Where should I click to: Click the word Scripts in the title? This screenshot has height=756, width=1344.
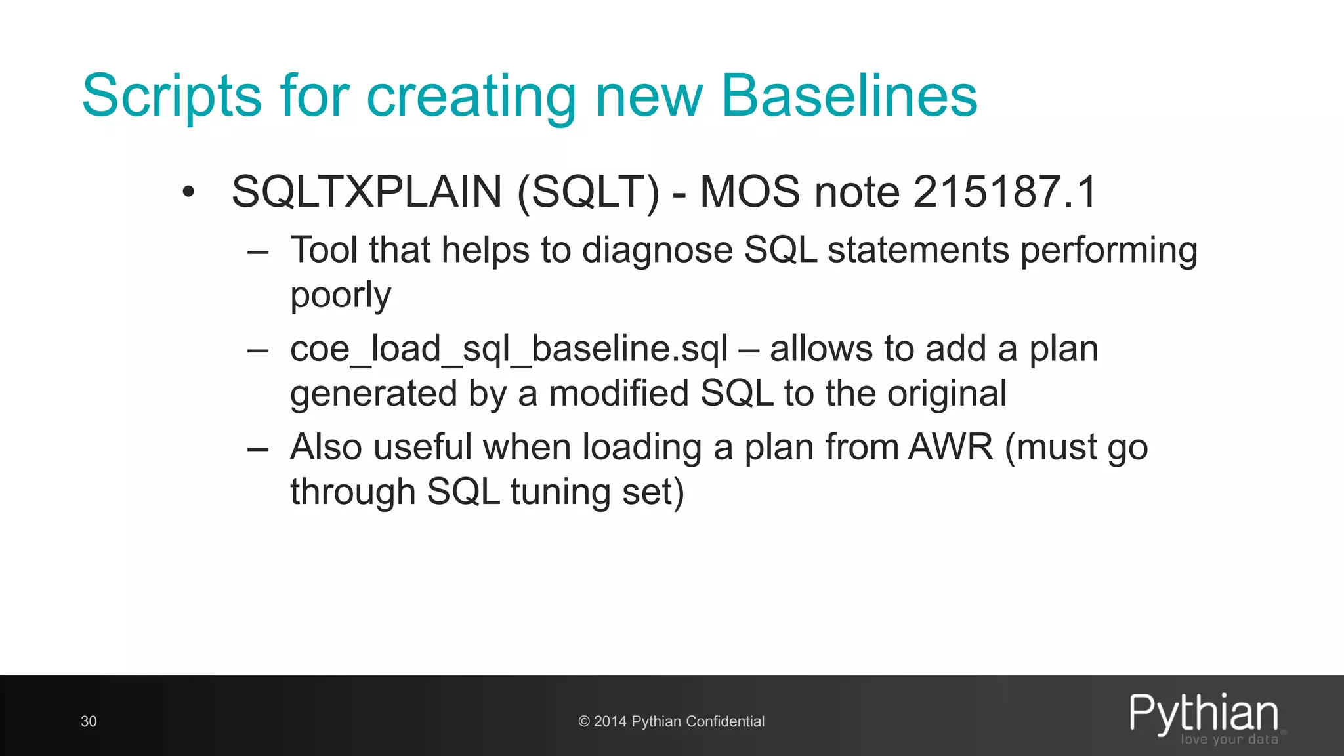tap(172, 96)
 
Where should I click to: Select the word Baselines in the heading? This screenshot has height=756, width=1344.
tap(849, 96)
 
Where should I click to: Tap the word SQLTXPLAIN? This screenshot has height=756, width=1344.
tap(367, 192)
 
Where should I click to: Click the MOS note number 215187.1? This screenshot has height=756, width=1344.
tap(1004, 192)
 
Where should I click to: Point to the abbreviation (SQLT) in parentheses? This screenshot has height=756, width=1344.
tap(589, 192)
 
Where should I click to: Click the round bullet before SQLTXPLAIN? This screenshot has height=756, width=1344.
tap(189, 192)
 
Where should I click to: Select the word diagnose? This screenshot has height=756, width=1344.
tap(658, 251)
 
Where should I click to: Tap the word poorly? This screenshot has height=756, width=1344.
tap(341, 295)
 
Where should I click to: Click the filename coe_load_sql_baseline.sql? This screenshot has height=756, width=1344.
tap(509, 348)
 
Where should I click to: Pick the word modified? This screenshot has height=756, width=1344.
tap(619, 393)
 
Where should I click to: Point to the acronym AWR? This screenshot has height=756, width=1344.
tap(951, 447)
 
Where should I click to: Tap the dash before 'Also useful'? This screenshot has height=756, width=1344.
tap(258, 450)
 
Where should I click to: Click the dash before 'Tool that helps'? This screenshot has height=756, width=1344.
tap(258, 253)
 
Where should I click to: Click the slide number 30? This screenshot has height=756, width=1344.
tap(89, 722)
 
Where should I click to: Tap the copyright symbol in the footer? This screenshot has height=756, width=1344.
tap(583, 722)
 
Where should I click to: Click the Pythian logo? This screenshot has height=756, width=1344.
tap(1204, 714)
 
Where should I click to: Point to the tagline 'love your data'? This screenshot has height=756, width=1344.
tap(1229, 740)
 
